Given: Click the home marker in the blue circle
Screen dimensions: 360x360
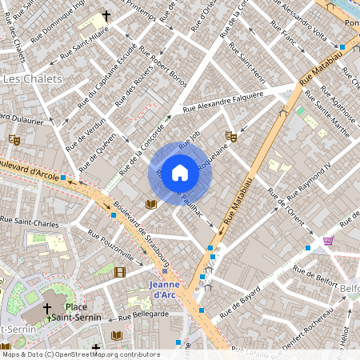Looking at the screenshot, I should (180, 173).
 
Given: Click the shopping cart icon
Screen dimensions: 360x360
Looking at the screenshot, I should (327, 241).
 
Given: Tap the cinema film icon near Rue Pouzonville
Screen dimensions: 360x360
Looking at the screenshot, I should (120, 273).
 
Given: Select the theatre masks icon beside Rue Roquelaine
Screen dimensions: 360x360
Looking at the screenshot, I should (230, 137).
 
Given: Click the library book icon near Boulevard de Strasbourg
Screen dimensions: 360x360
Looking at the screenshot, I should (150, 205).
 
